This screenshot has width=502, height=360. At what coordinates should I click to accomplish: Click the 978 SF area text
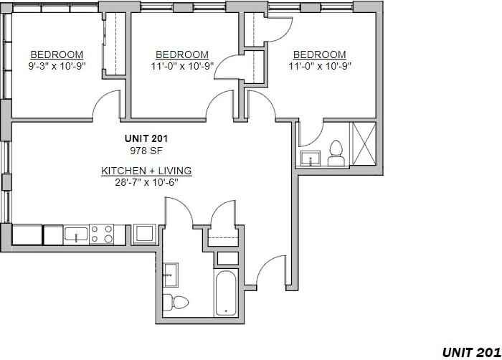[x=146, y=151]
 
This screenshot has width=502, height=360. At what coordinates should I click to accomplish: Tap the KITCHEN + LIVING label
[x=146, y=171]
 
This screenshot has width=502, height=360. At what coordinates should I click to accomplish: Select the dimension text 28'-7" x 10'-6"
[x=146, y=182]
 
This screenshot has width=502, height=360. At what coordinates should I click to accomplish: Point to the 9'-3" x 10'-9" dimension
[x=57, y=66]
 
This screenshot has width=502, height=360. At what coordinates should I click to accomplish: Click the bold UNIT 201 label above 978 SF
[x=146, y=138]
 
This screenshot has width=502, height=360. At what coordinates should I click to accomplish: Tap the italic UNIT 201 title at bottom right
[x=471, y=352]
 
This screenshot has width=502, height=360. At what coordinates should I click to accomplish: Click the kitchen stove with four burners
[x=102, y=234]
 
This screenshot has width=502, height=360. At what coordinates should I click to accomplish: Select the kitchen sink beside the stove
[x=76, y=234]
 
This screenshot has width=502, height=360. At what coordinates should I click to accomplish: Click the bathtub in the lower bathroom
[x=226, y=293]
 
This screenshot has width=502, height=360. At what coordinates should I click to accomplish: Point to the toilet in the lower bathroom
[x=176, y=302]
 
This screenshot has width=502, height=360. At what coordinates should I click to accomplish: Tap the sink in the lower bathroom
[x=171, y=275]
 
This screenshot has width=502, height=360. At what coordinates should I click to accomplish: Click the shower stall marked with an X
[x=364, y=143]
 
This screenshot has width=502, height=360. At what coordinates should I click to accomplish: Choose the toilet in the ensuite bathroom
[x=336, y=153]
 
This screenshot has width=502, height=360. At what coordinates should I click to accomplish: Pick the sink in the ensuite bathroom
[x=311, y=158]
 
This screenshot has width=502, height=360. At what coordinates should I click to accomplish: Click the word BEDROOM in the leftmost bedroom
[x=57, y=55]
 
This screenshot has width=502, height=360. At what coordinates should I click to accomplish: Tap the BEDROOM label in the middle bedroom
[x=182, y=55]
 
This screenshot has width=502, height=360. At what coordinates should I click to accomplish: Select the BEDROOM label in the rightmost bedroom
[x=320, y=55]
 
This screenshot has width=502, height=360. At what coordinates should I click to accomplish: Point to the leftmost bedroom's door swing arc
[x=102, y=99]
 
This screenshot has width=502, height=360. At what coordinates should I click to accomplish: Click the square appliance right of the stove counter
[x=144, y=234]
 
